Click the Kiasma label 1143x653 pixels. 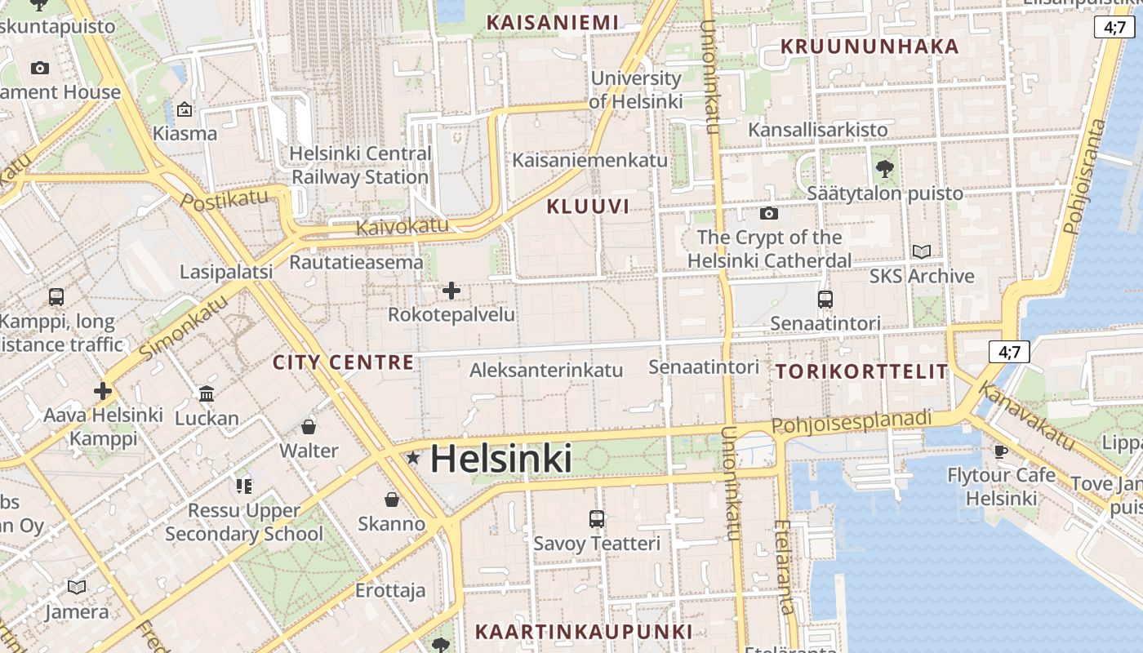(185, 133)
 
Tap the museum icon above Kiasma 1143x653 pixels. (185, 109)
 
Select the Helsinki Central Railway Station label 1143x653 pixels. (360, 165)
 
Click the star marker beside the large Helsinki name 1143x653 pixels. (413, 459)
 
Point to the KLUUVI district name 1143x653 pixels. (588, 207)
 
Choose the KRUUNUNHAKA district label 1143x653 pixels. (869, 47)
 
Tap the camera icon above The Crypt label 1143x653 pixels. (768, 214)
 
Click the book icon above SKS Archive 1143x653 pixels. (921, 252)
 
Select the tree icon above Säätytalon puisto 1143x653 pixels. (884, 170)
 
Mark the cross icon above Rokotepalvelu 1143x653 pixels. (451, 291)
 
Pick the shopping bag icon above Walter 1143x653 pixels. (309, 427)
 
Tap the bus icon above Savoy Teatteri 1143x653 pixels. (597, 519)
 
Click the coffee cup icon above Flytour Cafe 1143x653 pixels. (1001, 451)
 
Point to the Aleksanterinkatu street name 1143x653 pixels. (546, 370)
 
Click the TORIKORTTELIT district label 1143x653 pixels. (861, 371)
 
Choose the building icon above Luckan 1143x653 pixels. (207, 395)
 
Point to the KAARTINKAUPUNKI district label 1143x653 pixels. (584, 631)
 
